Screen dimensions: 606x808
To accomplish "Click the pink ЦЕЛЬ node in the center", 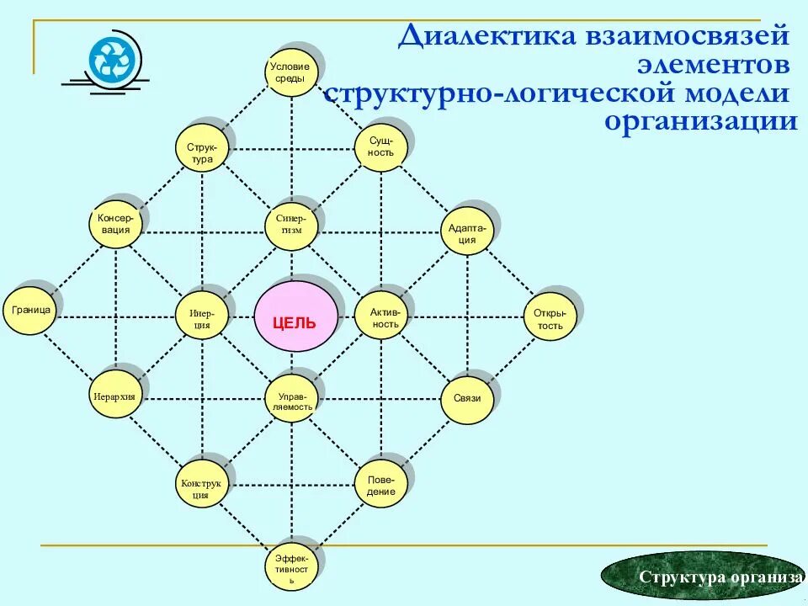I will pos(296,318).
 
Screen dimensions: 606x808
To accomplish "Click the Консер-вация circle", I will pos(114,223).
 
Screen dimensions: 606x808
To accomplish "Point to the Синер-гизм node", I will pos(292,225).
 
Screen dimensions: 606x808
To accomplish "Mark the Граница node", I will pos(29,311).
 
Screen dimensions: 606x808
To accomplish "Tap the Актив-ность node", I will pos(383,316).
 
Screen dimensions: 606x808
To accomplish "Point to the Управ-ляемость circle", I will pos(292,400).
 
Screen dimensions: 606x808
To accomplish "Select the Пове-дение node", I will pos(381,485).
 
